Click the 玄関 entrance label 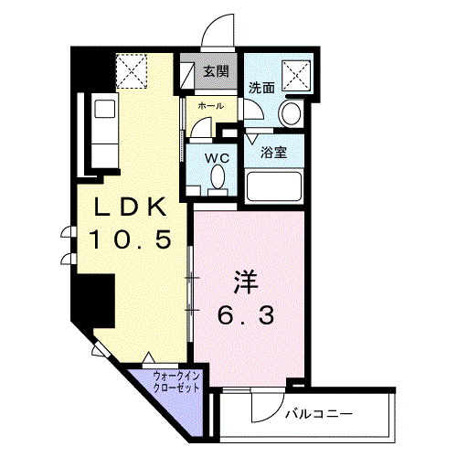(x=216, y=71)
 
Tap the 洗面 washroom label (x=261, y=88)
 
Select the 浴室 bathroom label (x=274, y=153)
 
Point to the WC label (x=217, y=158)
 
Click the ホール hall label (x=211, y=106)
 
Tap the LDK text (x=131, y=207)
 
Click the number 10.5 (x=131, y=239)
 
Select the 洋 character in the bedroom (x=246, y=283)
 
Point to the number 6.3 (x=246, y=315)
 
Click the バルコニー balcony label (x=319, y=414)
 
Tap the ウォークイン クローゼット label (x=176, y=382)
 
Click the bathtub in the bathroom (x=274, y=186)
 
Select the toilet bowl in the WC (x=218, y=176)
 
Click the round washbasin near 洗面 (x=292, y=113)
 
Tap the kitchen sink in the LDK (x=105, y=109)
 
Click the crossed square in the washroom (x=296, y=76)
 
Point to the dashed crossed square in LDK (x=132, y=71)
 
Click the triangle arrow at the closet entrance (x=148, y=357)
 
